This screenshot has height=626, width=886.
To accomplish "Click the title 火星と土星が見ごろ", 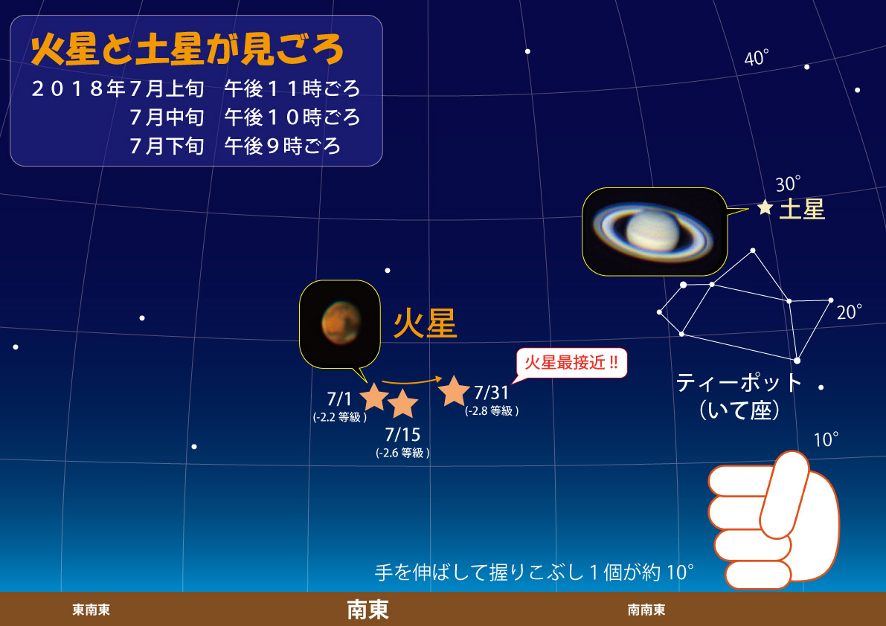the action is tap(187, 49).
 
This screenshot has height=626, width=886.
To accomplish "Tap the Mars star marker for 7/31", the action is tap(454, 391).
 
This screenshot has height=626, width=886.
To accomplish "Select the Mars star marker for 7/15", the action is tap(402, 403).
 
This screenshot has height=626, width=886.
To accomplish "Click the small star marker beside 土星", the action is tap(765, 207).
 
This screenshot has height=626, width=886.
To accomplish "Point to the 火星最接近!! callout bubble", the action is tap(571, 362).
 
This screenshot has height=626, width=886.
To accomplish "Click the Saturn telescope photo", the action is tap(655, 232).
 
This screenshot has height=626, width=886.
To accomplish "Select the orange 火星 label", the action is tap(425, 325).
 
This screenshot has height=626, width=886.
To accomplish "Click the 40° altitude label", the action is tap(756, 57).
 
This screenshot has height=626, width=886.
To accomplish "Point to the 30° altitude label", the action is tap(788, 184).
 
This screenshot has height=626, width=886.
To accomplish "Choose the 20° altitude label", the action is tap(850, 312).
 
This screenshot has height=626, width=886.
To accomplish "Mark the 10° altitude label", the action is tap(826, 439).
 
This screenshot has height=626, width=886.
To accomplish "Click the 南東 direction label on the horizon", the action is tap(367, 610).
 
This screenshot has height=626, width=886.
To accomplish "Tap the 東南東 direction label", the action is tap(91, 610).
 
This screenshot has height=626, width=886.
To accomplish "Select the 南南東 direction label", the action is tap(646, 610).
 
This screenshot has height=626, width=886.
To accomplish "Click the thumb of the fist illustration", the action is tap(785, 494).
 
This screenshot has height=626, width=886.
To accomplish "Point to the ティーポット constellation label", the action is tap(739, 384).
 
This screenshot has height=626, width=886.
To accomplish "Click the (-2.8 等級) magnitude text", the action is tap(492, 411).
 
